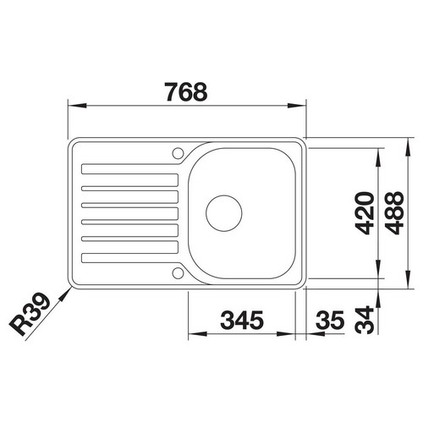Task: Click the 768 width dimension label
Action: tap(186, 92)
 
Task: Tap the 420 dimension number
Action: tap(365, 213)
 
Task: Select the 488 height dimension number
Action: tap(394, 213)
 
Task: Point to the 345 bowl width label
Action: tap(242, 320)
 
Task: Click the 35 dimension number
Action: tap(330, 320)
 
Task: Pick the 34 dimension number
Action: tap(365, 320)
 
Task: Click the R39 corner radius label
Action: tap(30, 314)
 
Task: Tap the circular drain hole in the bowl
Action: tap(224, 213)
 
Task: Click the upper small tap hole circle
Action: tap(178, 153)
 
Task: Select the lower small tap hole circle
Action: tap(178, 273)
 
